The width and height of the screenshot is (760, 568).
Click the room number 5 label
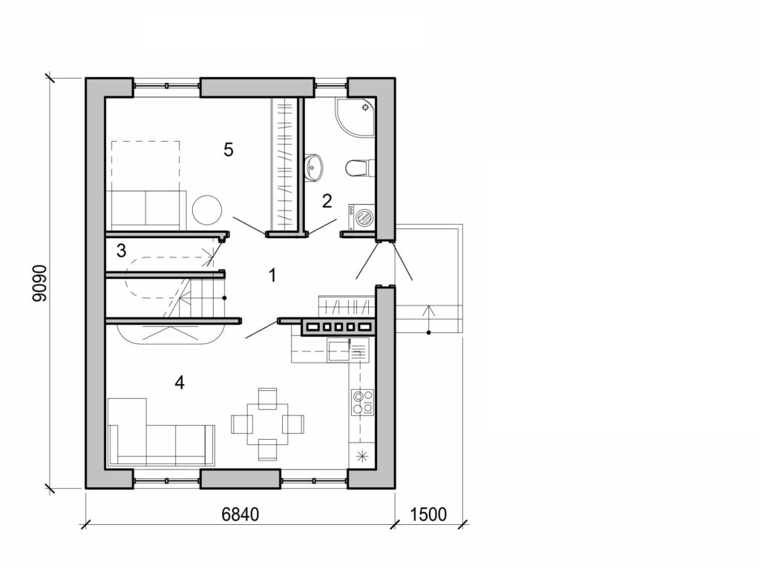[x=229, y=150]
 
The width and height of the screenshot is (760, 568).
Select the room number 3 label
[x=121, y=251]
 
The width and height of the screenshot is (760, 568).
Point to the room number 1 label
[x=272, y=276]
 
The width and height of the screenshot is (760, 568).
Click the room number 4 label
[x=179, y=383]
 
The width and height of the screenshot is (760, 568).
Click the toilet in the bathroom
[x=358, y=168]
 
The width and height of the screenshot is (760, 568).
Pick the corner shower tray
[x=355, y=117]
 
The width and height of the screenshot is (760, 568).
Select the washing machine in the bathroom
[x=363, y=218]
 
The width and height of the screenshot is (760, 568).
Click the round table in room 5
[x=206, y=209]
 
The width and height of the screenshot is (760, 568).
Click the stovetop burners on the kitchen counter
[x=361, y=401]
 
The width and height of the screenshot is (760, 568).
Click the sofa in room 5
[x=146, y=208]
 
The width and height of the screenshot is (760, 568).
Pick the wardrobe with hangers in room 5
[x=286, y=163]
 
